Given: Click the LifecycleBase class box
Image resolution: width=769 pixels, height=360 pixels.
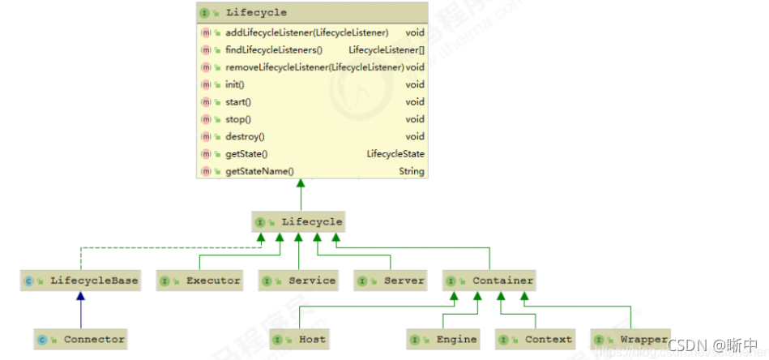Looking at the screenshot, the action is [x=80, y=281].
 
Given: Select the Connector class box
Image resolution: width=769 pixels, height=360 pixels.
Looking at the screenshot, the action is [x=80, y=339].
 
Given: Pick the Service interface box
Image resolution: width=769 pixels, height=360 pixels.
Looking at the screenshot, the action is [x=299, y=281].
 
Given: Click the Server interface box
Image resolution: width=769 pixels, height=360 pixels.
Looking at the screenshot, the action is [x=391, y=281].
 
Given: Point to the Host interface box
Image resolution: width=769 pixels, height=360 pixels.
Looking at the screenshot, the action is [x=301, y=339].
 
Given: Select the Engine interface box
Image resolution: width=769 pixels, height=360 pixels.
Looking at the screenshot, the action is [x=444, y=339].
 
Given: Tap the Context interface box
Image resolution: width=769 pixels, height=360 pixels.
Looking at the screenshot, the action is [x=536, y=339].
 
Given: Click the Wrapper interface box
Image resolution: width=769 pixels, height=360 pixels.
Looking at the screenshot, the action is [x=631, y=339].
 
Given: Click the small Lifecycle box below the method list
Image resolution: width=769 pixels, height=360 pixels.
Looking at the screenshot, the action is [x=300, y=221].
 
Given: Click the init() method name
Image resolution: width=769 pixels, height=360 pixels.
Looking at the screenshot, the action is [x=235, y=84].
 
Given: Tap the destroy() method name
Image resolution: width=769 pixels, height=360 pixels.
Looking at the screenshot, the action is [x=245, y=136].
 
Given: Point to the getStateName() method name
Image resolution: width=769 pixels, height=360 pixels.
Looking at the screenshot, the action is [x=259, y=172].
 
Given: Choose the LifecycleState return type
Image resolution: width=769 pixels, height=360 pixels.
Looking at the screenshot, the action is [x=395, y=154].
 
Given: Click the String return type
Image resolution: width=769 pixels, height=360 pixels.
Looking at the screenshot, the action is [x=411, y=172].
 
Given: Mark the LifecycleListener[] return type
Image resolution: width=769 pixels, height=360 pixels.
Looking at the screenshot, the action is [x=387, y=49].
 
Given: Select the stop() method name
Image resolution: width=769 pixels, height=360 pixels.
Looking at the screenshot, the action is [x=237, y=119].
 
